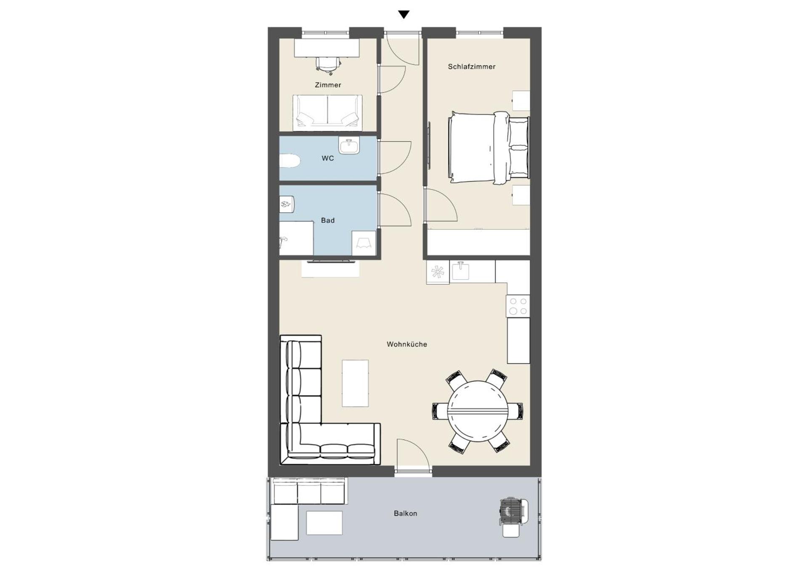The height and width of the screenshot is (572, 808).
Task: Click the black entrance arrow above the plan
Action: (x=404, y=15)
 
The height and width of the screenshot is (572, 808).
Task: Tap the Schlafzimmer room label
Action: (x=471, y=67)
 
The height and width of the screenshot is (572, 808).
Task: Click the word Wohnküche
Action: (x=407, y=344)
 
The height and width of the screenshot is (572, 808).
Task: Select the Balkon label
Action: (x=405, y=513)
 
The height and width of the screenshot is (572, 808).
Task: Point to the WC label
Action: (x=327, y=158)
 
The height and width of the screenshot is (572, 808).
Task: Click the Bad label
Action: (x=327, y=220)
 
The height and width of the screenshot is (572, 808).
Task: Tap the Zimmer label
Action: (x=328, y=85)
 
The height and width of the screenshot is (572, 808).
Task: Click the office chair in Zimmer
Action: (x=328, y=65)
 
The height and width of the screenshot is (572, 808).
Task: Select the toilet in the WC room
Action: (x=289, y=161)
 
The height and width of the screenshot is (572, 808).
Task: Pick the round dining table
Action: (x=477, y=411)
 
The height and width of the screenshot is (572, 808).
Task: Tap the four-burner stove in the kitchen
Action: (x=518, y=306)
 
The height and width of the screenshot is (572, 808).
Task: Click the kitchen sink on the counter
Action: (x=461, y=271)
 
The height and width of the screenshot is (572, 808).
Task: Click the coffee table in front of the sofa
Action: (x=355, y=383)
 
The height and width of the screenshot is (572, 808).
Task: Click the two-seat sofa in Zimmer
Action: (x=327, y=111)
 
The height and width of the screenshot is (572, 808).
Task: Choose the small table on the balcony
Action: (x=324, y=522)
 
